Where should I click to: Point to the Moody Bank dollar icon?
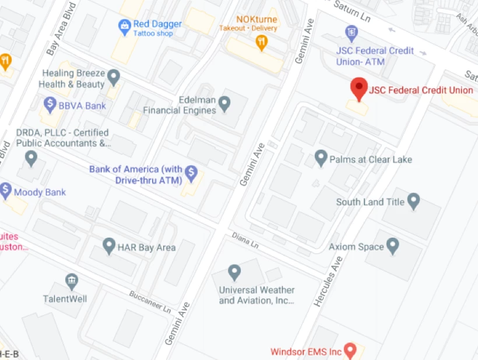tap(6, 190)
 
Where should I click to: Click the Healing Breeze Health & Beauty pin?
tap(114, 76)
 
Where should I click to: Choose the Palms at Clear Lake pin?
tap(321, 157)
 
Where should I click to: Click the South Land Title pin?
tap(413, 202)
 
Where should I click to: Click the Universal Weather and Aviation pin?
tap(234, 271)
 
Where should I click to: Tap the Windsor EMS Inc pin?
tap(350, 351)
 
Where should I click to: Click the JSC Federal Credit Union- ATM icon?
tap(351, 31)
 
